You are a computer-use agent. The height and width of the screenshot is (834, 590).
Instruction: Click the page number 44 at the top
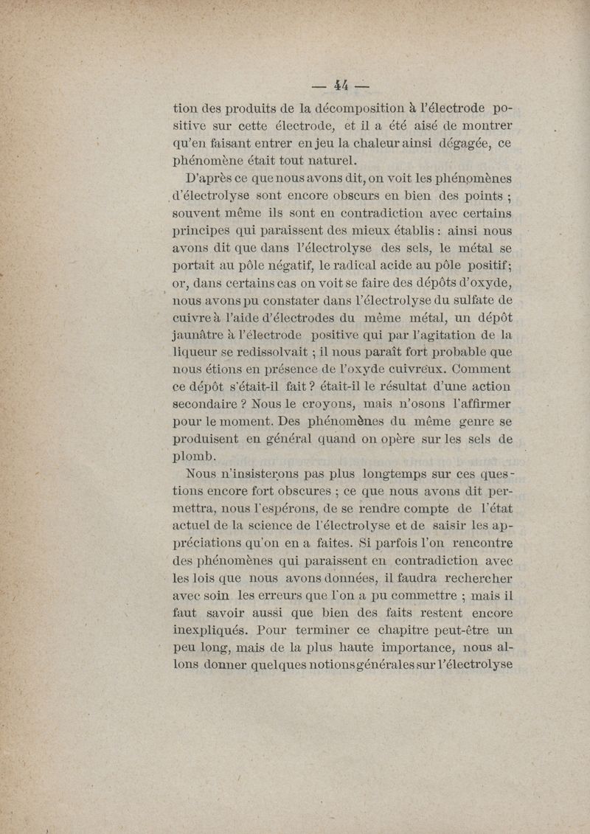coord(340,83)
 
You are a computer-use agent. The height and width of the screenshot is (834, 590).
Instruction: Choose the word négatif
coord(277,265)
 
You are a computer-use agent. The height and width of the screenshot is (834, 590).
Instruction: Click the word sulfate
coord(469,300)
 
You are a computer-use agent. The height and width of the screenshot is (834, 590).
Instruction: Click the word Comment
coord(481,368)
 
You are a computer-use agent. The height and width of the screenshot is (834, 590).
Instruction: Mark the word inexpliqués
coord(210,631)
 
